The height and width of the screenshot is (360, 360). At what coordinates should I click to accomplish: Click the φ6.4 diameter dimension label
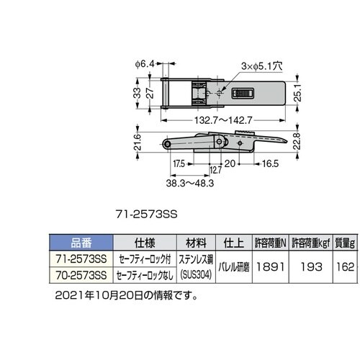coord(145,64)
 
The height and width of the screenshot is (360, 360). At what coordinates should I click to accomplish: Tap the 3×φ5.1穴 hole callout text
coord(262,66)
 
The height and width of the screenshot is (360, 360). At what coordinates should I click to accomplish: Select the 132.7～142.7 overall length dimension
coord(223,120)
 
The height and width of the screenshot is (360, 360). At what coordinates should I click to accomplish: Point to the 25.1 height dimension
coord(297,93)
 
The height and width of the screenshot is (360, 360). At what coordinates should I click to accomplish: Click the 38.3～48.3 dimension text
coord(190,184)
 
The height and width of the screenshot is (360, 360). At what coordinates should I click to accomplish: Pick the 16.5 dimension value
coord(270,163)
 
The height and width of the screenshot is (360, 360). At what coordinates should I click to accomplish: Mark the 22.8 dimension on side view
coord(297,141)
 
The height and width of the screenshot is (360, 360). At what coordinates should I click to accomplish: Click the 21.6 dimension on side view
coord(138,142)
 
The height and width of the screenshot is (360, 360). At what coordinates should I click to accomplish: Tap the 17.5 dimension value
coord(179,164)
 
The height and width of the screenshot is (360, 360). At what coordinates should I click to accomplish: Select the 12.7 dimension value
coord(215,170)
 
